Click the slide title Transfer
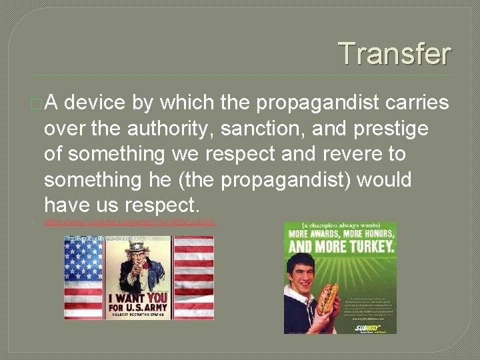tap(394, 53)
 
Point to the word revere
tap(349, 154)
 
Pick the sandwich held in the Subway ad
tap(326, 299)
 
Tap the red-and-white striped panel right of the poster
tap(193, 277)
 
